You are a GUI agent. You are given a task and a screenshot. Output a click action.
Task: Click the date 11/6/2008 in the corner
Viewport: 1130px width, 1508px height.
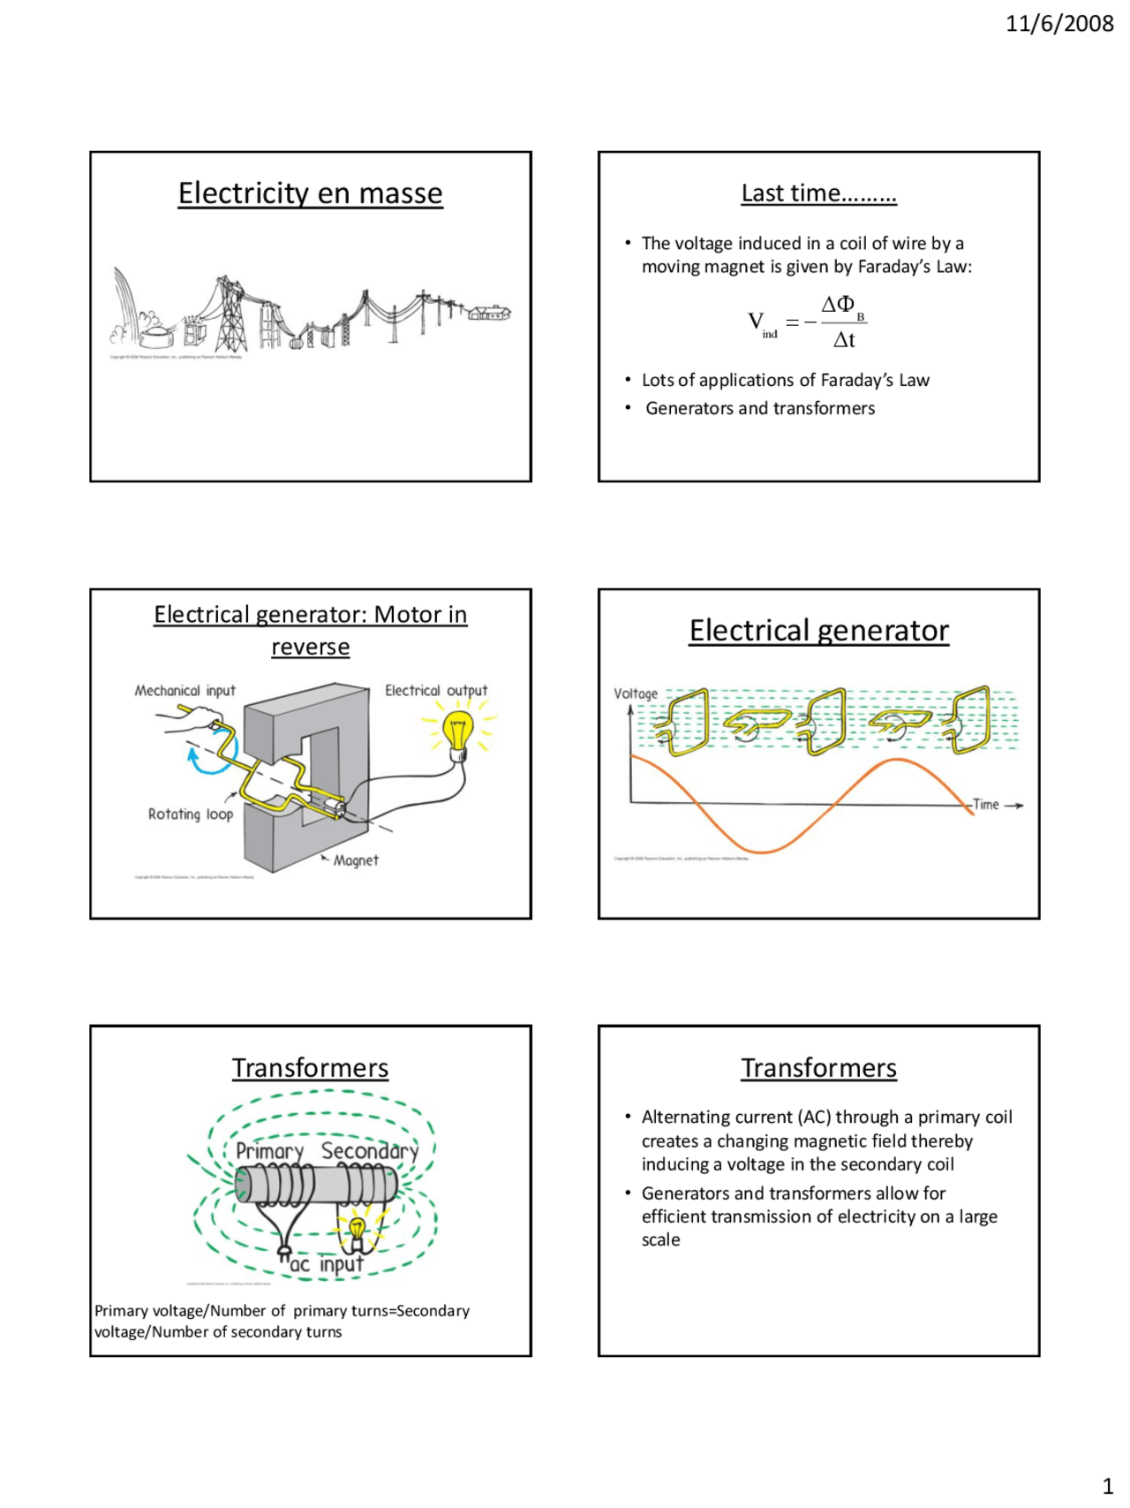pyautogui.click(x=1058, y=24)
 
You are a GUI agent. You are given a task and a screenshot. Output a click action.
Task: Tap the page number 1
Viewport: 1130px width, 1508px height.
pyautogui.click(x=1108, y=1486)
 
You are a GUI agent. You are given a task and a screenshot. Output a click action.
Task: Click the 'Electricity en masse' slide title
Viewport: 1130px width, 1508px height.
pyautogui.click(x=310, y=193)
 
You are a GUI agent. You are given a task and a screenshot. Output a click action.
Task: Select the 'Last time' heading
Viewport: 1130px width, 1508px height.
pyautogui.click(x=818, y=193)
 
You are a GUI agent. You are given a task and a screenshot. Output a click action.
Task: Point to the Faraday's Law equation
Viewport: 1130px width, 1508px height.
pyautogui.click(x=808, y=322)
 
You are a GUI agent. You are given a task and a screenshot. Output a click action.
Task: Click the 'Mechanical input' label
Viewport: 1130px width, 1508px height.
pyautogui.click(x=185, y=691)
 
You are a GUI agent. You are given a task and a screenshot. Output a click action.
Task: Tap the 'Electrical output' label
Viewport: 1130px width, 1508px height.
pyautogui.click(x=436, y=691)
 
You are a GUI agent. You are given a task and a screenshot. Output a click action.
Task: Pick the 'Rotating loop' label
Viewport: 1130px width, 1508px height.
pyautogui.click(x=191, y=815)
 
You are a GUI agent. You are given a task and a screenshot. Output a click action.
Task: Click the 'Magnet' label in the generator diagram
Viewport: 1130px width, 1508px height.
pyautogui.click(x=356, y=860)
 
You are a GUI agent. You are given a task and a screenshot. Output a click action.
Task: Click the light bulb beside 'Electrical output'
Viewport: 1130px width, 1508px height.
pyautogui.click(x=458, y=736)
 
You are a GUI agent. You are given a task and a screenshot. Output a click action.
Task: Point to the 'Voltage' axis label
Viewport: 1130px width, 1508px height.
pyautogui.click(x=636, y=693)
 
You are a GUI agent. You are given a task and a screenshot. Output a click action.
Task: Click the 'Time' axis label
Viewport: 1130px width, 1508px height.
pyautogui.click(x=986, y=805)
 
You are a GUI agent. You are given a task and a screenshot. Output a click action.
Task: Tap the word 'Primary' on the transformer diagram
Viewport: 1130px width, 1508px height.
pyautogui.click(x=269, y=1152)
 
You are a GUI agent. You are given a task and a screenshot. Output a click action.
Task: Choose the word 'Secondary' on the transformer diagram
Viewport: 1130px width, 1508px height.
pyautogui.click(x=369, y=1151)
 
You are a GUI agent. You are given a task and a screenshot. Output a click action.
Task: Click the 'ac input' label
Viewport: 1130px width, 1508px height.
pyautogui.click(x=327, y=1265)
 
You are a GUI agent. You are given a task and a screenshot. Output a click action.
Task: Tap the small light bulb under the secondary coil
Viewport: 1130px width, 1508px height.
pyautogui.click(x=357, y=1230)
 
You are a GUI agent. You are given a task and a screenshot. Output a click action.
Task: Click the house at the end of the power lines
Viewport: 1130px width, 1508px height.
pyautogui.click(x=489, y=312)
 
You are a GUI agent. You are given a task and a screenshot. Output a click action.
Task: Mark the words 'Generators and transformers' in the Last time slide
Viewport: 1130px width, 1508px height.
pyautogui.click(x=760, y=408)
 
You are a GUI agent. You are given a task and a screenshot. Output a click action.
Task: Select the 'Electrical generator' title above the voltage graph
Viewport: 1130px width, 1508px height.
pyautogui.click(x=818, y=631)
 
